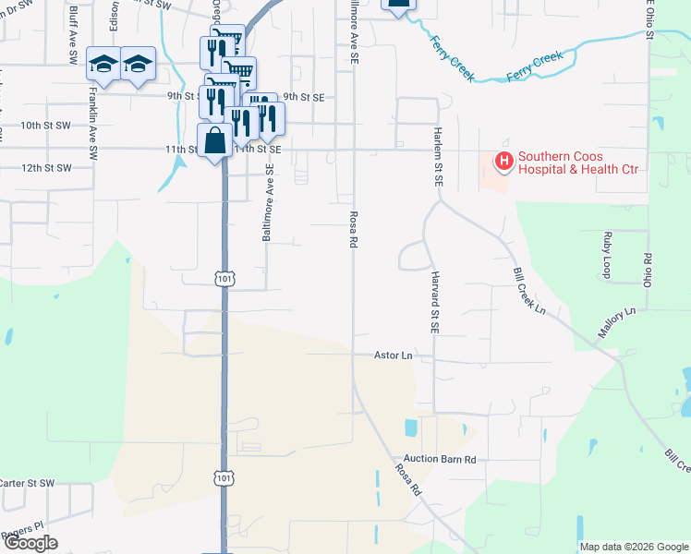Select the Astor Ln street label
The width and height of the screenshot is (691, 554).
click(x=392, y=355)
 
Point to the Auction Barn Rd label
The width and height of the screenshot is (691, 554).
click(x=439, y=459)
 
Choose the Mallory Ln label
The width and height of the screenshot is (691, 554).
click(x=616, y=322)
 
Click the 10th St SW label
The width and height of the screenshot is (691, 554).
click(x=45, y=125)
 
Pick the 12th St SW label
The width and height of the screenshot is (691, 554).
click(x=45, y=168)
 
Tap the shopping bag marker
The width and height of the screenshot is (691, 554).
click(x=215, y=142)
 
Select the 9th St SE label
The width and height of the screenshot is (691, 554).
click(x=304, y=96)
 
